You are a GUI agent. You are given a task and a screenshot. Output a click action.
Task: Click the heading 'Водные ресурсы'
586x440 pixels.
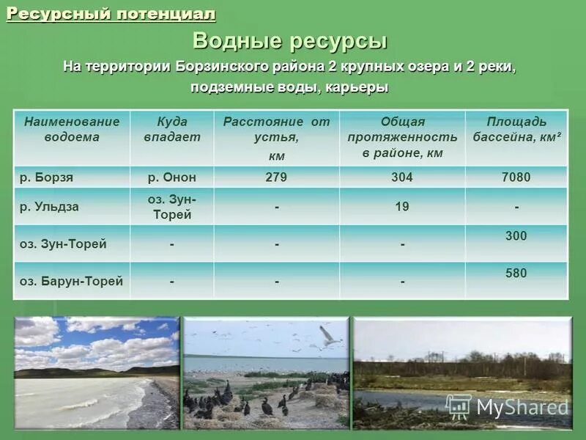tap(290, 41)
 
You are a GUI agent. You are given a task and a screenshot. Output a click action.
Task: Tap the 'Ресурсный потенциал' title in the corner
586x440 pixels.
tap(111, 14)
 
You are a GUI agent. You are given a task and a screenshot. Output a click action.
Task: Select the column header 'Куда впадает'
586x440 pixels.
tap(171, 129)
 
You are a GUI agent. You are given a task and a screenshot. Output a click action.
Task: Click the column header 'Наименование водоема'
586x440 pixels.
tap(72, 129)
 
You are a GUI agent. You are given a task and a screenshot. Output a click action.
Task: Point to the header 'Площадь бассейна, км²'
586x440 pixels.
tap(516, 129)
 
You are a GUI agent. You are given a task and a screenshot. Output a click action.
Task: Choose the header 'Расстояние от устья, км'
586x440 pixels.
tap(276, 138)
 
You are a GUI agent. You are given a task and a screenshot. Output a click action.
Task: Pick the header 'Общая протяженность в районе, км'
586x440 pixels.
tap(402, 137)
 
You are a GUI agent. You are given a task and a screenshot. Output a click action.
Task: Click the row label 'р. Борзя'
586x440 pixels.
tap(46, 177)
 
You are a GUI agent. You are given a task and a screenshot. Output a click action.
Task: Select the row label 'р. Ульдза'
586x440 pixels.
tap(49, 207)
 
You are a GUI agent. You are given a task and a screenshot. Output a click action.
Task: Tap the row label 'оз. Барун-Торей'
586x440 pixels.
tap(71, 281)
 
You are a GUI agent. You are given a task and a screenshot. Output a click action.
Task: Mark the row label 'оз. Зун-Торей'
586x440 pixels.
tap(63, 244)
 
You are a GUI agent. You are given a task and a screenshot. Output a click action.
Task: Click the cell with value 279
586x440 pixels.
tap(276, 177)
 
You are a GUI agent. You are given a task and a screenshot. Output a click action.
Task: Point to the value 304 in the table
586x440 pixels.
tap(402, 177)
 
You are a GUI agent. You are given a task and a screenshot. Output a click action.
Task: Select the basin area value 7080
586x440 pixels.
tap(516, 177)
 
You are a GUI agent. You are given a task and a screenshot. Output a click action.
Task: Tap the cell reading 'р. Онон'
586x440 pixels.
tap(171, 177)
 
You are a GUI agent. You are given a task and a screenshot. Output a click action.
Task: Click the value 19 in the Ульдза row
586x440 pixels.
tap(402, 207)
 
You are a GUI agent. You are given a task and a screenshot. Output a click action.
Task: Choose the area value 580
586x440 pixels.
tap(516, 274)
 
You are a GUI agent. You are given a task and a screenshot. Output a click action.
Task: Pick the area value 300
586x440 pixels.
tap(516, 236)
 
